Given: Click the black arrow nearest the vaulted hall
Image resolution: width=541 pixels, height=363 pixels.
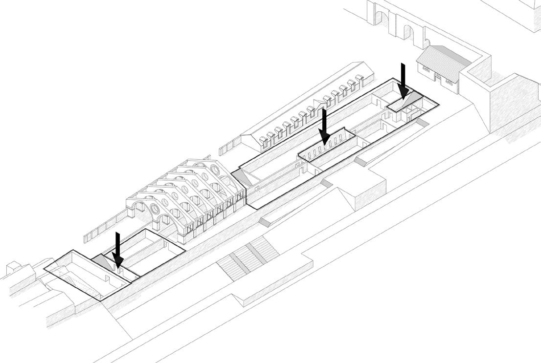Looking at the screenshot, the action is [117, 250].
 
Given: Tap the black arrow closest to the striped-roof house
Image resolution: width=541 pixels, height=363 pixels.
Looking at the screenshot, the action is [403, 81].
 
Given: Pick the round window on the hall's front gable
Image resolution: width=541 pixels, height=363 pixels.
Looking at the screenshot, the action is [155, 209].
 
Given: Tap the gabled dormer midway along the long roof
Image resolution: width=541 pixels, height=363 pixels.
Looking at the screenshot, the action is [319, 103].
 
